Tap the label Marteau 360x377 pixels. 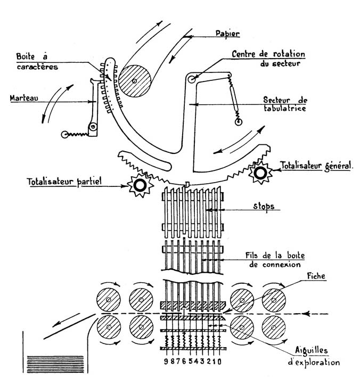pyautogui.click(x=23, y=98)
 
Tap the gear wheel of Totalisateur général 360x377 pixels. pyautogui.click(x=260, y=173)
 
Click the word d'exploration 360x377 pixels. pyautogui.click(x=317, y=362)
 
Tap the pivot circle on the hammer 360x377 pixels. pyautogui.click(x=93, y=127)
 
